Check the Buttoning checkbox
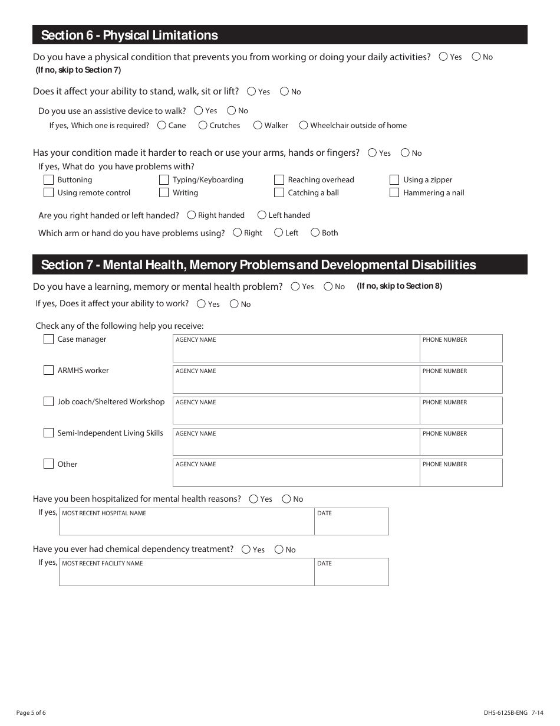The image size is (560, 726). pos(49,179)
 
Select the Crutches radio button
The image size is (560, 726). pos(203,125)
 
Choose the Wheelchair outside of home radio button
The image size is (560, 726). pos(304,125)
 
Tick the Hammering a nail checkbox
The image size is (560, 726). pos(394,192)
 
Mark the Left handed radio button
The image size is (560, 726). pos(262,215)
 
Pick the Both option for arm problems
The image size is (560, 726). pos(315,233)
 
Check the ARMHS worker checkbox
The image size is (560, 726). pos(49,370)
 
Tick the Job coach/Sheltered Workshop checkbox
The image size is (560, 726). pos(49,401)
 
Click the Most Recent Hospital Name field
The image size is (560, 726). pos(186,524)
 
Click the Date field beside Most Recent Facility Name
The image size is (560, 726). pos(351,574)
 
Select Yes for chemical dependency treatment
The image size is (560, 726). pos(246,550)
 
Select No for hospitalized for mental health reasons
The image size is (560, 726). pos(286,499)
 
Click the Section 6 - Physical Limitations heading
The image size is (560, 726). pos(130,35)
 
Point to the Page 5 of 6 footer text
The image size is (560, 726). pos(31,713)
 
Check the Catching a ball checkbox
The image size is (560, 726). pos(279,192)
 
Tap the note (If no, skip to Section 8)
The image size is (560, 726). pos(399,286)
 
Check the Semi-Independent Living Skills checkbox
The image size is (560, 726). pos(49,433)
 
